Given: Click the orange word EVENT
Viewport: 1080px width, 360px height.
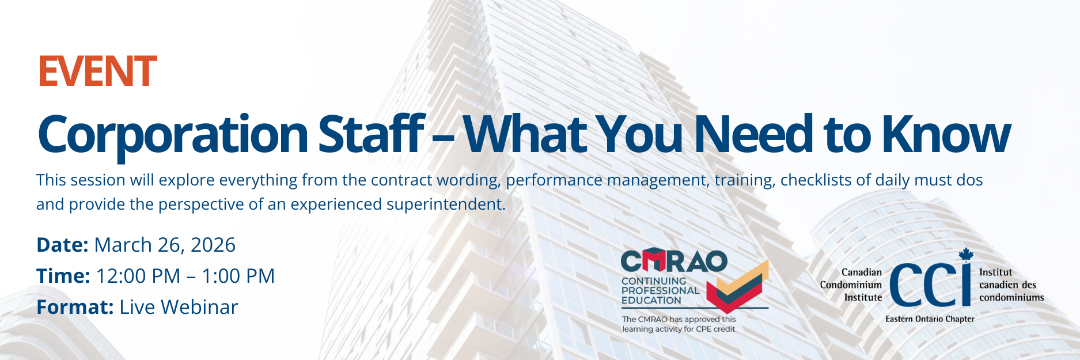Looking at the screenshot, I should pyautogui.click(x=97, y=71).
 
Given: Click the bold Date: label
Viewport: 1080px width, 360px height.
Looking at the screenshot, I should pyautogui.click(x=62, y=245).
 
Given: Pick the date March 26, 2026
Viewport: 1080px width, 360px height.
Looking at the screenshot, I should pyautogui.click(x=165, y=245).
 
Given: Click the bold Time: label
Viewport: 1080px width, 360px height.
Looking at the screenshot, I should pyautogui.click(x=63, y=276).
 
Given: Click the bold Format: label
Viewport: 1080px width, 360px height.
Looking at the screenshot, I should pyautogui.click(x=75, y=307).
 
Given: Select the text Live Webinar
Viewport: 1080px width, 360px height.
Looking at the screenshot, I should pyautogui.click(x=179, y=307).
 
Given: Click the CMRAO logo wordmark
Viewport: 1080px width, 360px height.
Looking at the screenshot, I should pyautogui.click(x=674, y=261).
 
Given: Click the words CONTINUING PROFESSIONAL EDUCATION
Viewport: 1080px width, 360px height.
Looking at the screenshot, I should pyautogui.click(x=660, y=291).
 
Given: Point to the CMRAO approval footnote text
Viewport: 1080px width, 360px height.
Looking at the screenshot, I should pyautogui.click(x=679, y=324).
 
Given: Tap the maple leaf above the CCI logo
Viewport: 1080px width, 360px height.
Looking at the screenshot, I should pyautogui.click(x=966, y=255).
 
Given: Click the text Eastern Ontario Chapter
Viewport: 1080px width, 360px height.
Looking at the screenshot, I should pyautogui.click(x=930, y=319).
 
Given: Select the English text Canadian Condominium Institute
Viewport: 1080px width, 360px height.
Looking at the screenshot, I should pyautogui.click(x=851, y=285).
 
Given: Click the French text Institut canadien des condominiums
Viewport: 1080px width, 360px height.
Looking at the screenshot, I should pyautogui.click(x=1011, y=285).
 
